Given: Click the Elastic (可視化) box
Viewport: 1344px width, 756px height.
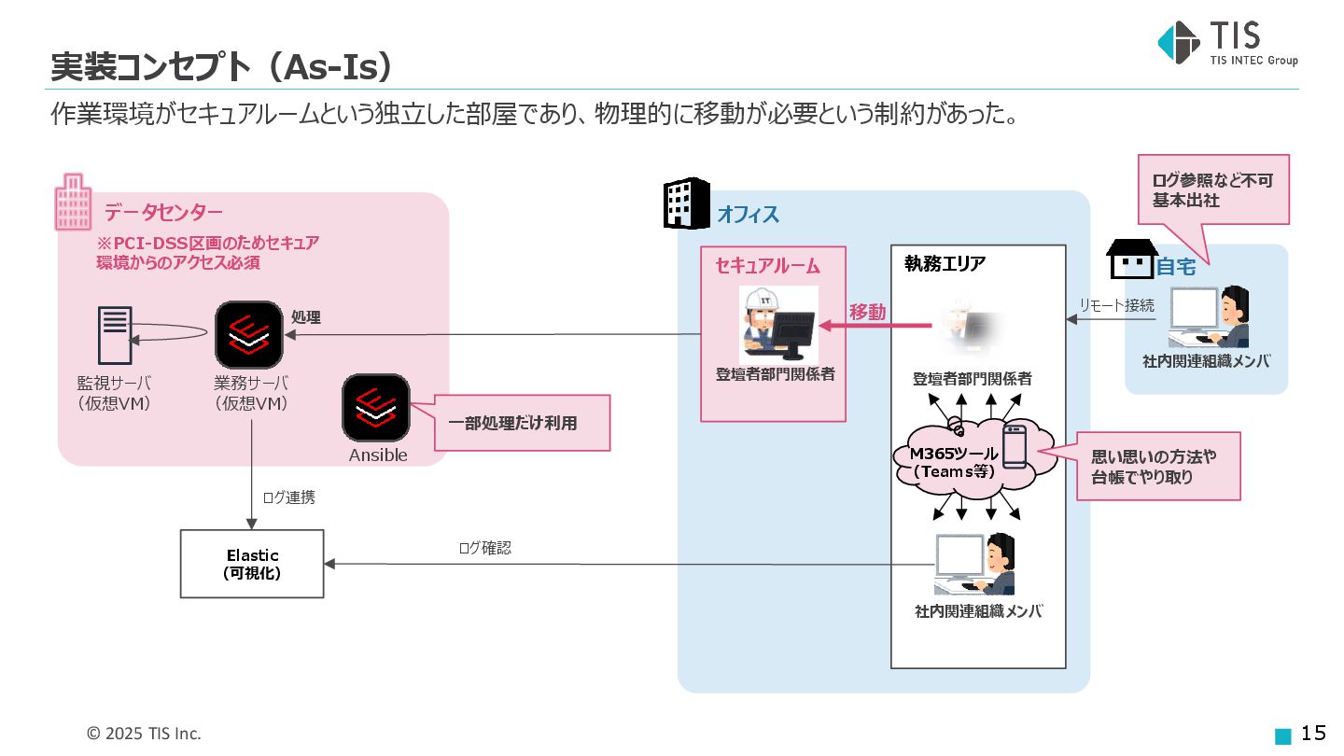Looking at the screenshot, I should point(252,564).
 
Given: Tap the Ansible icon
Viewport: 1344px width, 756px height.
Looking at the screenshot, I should point(376,408).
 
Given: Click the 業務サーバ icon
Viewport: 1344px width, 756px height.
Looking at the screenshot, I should point(249,334).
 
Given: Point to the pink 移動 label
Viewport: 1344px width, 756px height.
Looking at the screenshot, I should point(867,313).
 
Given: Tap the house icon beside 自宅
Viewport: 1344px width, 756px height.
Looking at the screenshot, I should point(1130,259).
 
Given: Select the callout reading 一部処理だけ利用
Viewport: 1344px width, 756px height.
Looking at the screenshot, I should point(511,423).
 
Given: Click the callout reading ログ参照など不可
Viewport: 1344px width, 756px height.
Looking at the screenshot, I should point(1212,189).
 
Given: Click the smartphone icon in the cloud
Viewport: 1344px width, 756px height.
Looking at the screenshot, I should point(1014,446).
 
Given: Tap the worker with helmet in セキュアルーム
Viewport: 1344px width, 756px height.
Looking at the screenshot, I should point(777,324).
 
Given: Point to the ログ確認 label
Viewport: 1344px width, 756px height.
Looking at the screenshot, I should point(484,548).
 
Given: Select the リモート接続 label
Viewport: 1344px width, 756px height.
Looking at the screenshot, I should point(1116,305).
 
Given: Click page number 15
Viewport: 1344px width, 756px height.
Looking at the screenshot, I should point(1313,733).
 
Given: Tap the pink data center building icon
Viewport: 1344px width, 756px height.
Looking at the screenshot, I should point(74,202).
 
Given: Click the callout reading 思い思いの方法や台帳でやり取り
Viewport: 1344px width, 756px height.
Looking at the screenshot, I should point(1158,466).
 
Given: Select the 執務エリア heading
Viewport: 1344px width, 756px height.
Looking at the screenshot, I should point(945,264).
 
